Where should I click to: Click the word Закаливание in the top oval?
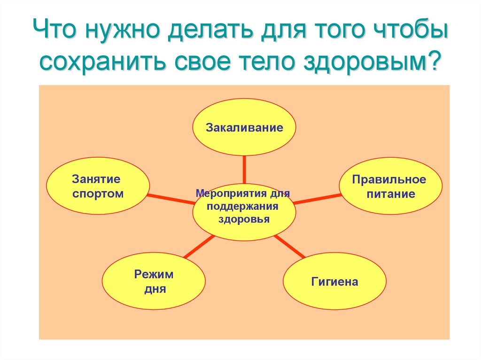pos(244,127)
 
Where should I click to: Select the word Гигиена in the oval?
pos(334,282)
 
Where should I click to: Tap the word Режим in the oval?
pos(154,274)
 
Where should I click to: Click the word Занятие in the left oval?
pos(96,179)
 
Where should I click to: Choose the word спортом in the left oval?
pos(98,193)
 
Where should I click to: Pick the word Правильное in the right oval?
pos(389,180)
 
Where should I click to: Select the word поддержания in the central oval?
pos(242,206)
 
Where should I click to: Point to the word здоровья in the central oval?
pos(244,220)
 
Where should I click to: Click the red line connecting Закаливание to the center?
pos(244,169)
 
